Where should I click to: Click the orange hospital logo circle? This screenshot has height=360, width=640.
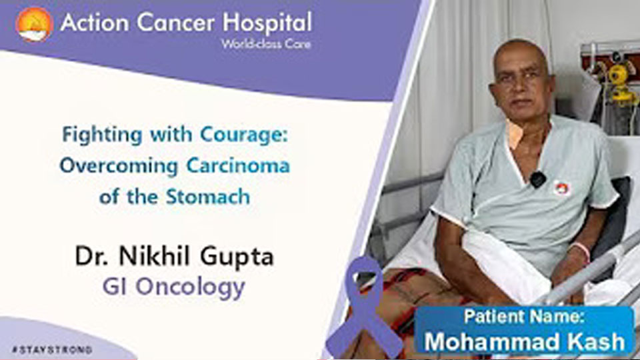click(x=34, y=25)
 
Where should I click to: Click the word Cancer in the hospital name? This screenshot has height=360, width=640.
click(x=175, y=22)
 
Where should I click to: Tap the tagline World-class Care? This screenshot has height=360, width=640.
click(x=266, y=44)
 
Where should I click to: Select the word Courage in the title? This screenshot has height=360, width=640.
click(x=244, y=135)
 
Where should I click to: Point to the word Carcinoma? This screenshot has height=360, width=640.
click(x=238, y=166)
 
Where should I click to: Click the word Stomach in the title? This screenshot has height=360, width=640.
click(x=208, y=196)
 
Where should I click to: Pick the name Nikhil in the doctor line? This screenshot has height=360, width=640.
click(x=154, y=256)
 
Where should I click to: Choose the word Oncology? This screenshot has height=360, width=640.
click(x=190, y=287)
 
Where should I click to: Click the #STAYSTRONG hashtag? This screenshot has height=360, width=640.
click(x=52, y=350)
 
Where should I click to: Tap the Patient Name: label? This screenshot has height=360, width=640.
click(x=524, y=316)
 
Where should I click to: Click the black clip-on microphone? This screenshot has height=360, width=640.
click(x=537, y=179)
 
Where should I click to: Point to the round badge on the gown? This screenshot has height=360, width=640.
click(x=562, y=188)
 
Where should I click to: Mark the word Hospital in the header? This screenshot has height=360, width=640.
click(x=267, y=23)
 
